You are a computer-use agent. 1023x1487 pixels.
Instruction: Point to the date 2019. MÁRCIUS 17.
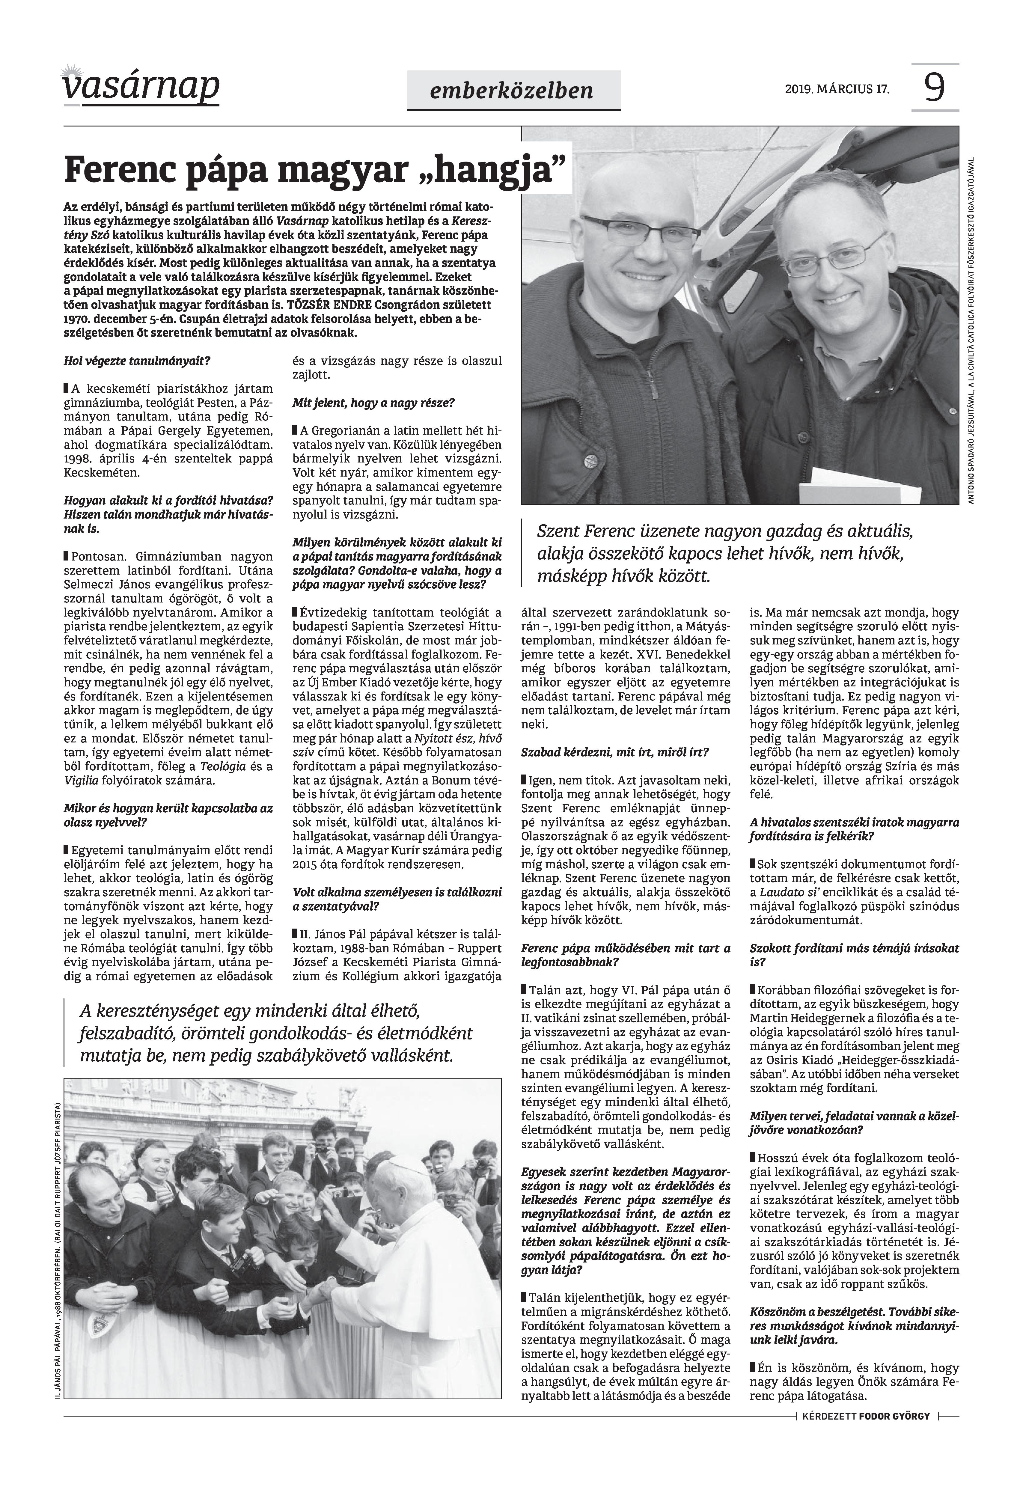(837, 89)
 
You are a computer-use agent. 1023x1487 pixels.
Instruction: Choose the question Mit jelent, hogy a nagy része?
(373, 403)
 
